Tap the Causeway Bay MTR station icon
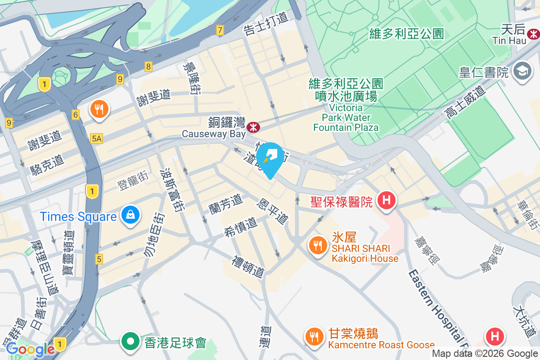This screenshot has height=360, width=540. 254,127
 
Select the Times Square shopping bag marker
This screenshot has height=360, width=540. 130,216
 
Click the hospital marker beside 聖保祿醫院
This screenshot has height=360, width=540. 386,201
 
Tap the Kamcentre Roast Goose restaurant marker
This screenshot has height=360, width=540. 314,337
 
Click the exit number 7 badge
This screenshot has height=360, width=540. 220,31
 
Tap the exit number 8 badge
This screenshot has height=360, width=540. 148,67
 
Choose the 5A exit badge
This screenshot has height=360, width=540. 96,138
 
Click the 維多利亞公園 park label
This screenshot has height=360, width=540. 406,34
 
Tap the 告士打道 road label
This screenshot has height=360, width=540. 265,24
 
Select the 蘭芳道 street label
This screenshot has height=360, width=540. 225,204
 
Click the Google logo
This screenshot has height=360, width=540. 30,349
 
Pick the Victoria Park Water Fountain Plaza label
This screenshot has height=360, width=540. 346,117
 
